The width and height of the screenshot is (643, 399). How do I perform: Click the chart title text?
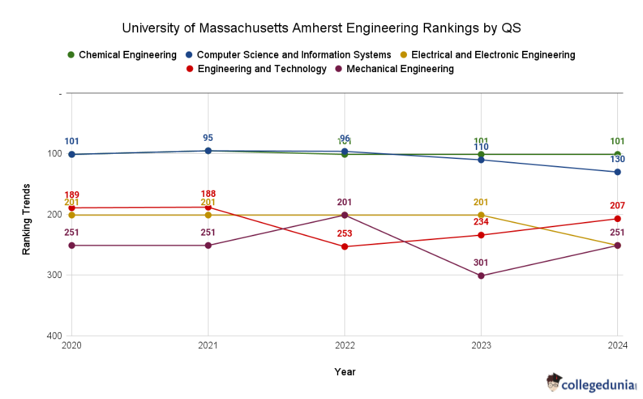(x=321, y=28)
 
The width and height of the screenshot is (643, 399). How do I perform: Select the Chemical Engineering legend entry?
(x=122, y=55)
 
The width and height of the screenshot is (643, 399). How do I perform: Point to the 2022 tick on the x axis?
(x=345, y=346)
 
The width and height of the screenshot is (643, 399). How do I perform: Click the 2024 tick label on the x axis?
(x=617, y=346)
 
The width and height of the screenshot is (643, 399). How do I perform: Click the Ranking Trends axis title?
(x=26, y=219)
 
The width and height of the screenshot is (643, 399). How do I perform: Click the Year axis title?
(x=345, y=372)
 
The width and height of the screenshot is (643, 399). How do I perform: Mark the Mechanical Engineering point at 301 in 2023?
(x=481, y=275)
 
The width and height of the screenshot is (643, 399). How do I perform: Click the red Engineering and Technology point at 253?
(x=345, y=246)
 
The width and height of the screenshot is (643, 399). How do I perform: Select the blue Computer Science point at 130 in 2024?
(x=617, y=172)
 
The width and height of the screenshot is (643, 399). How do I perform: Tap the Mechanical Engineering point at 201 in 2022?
(x=345, y=215)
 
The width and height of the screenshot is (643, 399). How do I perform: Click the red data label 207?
(x=617, y=206)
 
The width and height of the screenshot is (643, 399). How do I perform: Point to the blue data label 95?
(x=208, y=138)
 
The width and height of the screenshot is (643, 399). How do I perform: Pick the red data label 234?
(x=481, y=222)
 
